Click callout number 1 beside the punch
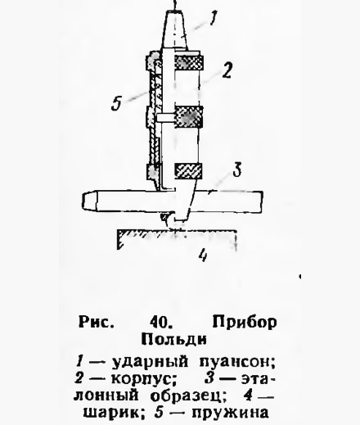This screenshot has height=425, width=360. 214,17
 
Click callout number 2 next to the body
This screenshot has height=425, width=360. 227,70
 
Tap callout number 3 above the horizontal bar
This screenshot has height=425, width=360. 236,170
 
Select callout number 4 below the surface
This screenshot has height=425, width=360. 203,255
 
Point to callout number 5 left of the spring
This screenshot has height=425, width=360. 116,103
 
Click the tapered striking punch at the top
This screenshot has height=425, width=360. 174,30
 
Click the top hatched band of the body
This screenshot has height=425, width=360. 188,62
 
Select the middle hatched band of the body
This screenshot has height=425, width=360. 188,117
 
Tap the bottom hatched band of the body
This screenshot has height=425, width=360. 188,171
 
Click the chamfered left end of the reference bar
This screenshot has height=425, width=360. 89,201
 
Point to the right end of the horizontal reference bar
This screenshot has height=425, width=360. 260,201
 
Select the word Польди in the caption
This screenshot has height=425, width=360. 173,339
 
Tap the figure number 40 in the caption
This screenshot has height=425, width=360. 160,323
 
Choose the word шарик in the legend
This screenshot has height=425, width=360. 114,413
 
